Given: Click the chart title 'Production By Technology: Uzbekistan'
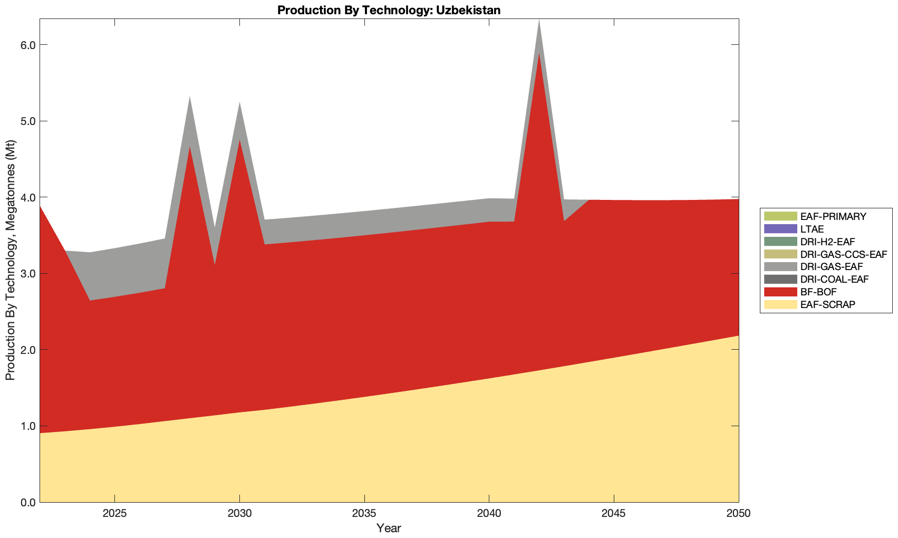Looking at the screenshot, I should [389, 10].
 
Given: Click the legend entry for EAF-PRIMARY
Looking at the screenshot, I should [833, 216].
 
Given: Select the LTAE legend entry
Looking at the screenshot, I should [812, 229].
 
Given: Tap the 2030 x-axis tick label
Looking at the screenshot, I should [239, 514].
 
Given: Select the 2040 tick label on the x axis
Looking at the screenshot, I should [489, 514].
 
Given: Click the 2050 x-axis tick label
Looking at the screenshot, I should [738, 514].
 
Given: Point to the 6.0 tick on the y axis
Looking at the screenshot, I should [28, 45].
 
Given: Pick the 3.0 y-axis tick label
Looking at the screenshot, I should [28, 274].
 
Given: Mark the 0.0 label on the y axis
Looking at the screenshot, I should [28, 502].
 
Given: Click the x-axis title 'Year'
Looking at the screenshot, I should [389, 528].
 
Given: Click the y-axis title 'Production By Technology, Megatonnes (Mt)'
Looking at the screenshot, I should [11, 260].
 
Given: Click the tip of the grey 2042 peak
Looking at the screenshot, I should [539, 20].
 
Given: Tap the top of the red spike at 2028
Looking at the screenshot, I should [189, 146].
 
